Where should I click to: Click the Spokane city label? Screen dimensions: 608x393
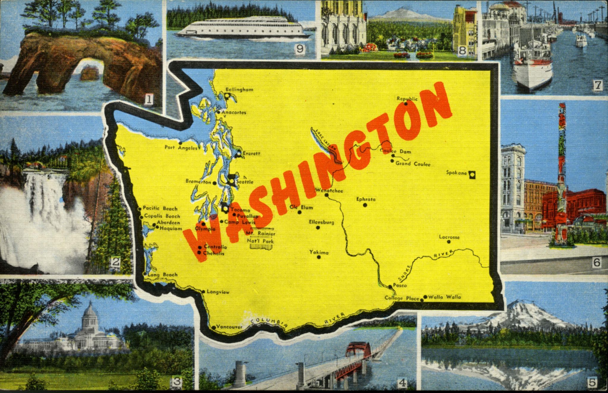457,173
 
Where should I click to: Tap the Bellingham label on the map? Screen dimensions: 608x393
239,89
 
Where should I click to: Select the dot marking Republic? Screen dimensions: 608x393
406,104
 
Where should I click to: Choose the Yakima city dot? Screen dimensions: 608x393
319,257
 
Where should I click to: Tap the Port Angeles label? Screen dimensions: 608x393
181,148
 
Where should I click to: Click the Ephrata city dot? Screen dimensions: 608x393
365,205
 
